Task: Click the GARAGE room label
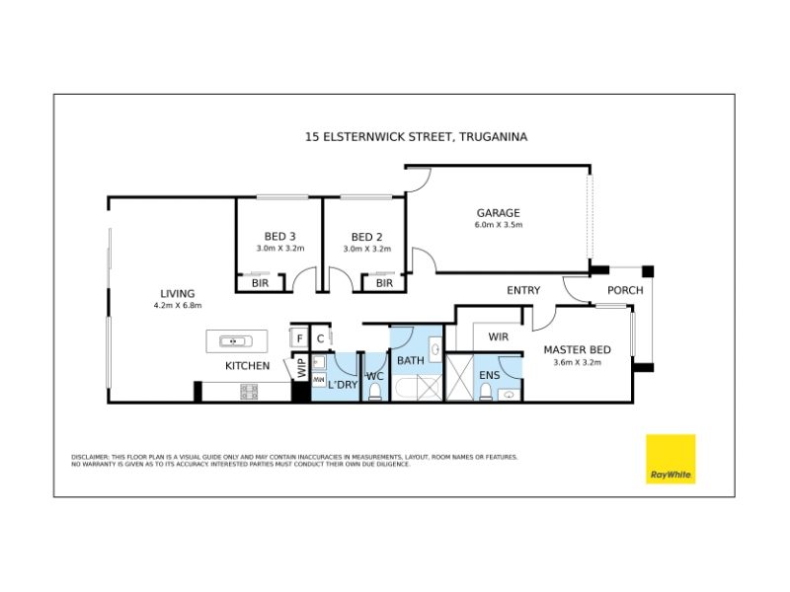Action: click(499, 213)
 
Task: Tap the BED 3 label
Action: click(280, 236)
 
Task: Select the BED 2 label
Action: click(366, 237)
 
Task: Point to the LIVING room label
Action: click(178, 293)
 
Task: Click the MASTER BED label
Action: click(578, 350)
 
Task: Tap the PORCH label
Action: click(625, 290)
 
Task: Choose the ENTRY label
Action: click(523, 290)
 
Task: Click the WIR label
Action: click(499, 336)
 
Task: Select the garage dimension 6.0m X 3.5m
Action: click(499, 225)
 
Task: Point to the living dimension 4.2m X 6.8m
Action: click(178, 306)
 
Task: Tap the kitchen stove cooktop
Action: click(250, 392)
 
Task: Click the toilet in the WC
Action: click(375, 392)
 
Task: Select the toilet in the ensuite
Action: click(486, 392)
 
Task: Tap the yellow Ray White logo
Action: click(671, 459)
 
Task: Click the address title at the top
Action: click(416, 137)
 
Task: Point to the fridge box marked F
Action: click(299, 337)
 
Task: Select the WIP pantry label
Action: click(302, 367)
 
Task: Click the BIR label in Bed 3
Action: click(261, 283)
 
